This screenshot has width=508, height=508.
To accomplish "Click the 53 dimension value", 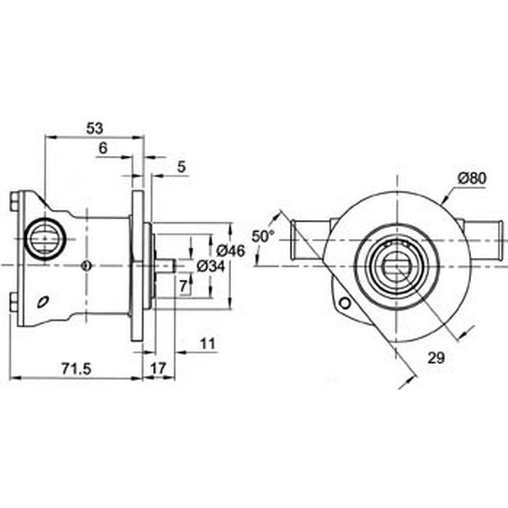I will [94, 128].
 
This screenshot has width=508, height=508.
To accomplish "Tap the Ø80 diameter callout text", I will [472, 178].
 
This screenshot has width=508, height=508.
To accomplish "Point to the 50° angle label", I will [262, 236].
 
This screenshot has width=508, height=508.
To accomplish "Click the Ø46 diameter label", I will [231, 251].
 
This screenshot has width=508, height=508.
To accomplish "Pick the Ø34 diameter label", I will [211, 266].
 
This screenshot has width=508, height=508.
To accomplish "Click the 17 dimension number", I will [157, 368].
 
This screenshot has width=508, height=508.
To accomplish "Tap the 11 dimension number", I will [208, 343].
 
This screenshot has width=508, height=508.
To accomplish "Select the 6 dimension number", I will [103, 148].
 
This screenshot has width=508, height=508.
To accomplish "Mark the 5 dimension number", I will [181, 167].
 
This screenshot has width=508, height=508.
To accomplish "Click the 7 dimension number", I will [183, 285].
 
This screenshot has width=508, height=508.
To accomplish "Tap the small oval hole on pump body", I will [44, 301].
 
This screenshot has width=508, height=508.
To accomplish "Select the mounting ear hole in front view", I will [344, 302].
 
